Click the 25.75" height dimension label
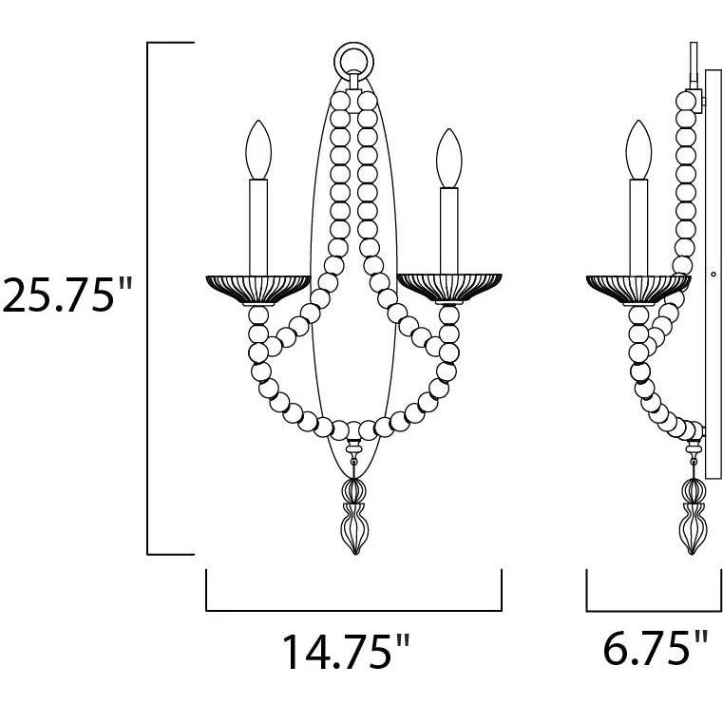click(x=67, y=295)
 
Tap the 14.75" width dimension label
click(x=346, y=652)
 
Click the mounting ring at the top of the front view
click(x=353, y=48)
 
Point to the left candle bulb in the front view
click(x=258, y=150)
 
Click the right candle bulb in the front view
click(x=449, y=158)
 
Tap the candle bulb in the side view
click(x=638, y=150)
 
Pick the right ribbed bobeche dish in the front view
click(x=449, y=289)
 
